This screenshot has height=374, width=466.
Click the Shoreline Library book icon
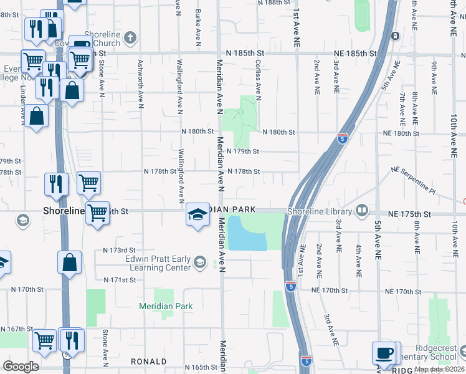click(x=361, y=211)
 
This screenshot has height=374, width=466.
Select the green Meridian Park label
click(x=165, y=306)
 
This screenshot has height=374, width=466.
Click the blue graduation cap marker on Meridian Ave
click(x=197, y=216)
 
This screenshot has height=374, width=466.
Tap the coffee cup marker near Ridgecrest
click(x=384, y=353)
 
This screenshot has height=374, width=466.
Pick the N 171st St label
click(x=120, y=280)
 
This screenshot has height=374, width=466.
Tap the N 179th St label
click(x=242, y=151)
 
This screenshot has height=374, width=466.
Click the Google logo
click(x=21, y=366)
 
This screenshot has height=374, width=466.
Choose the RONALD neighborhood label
click(x=148, y=362)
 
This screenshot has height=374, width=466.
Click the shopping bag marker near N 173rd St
click(x=70, y=263)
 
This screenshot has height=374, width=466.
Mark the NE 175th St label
click(x=409, y=214)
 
